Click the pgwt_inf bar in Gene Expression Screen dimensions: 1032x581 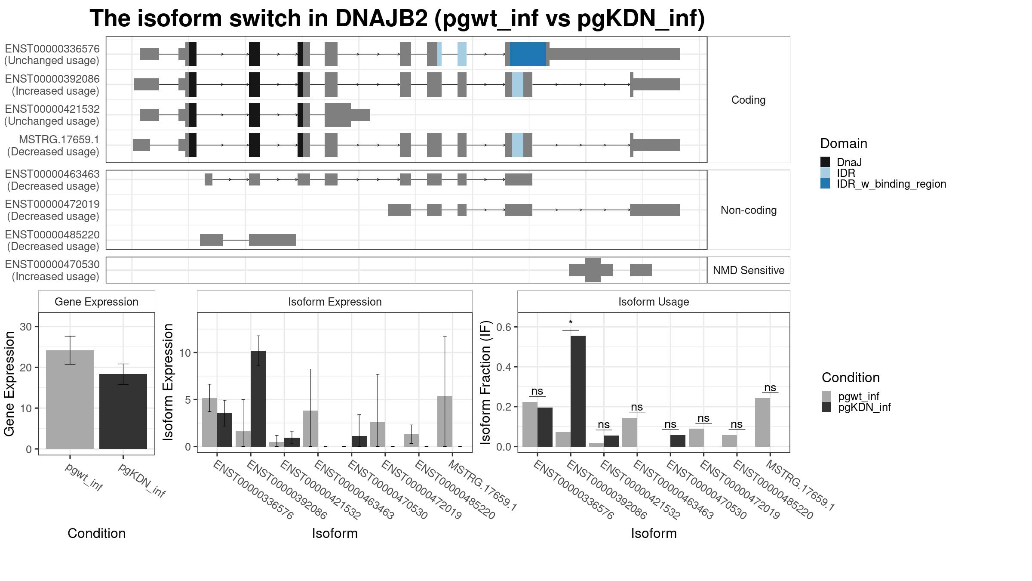coord(70,399)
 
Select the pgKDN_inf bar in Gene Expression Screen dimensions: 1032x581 coord(123,411)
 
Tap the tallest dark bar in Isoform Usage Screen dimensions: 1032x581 coord(578,391)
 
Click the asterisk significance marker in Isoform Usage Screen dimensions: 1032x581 coord(571,323)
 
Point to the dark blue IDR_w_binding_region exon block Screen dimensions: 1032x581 coord(528,54)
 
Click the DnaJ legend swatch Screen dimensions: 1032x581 coord(825,162)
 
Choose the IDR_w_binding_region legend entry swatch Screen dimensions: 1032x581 coord(825,184)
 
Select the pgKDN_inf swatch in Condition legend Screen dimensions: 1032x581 coord(826,407)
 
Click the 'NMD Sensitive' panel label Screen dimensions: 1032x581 coord(749,270)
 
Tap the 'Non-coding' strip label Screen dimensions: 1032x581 coord(749,210)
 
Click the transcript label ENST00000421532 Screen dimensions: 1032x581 coord(52,109)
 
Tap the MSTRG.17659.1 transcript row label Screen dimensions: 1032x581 coord(59,139)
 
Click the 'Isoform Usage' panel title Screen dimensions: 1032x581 coord(654,302)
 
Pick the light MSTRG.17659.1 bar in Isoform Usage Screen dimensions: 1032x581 coord(762,422)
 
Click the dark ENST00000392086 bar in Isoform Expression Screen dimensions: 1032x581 coord(258,399)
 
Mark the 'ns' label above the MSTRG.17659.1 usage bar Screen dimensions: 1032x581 coord(770,388)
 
